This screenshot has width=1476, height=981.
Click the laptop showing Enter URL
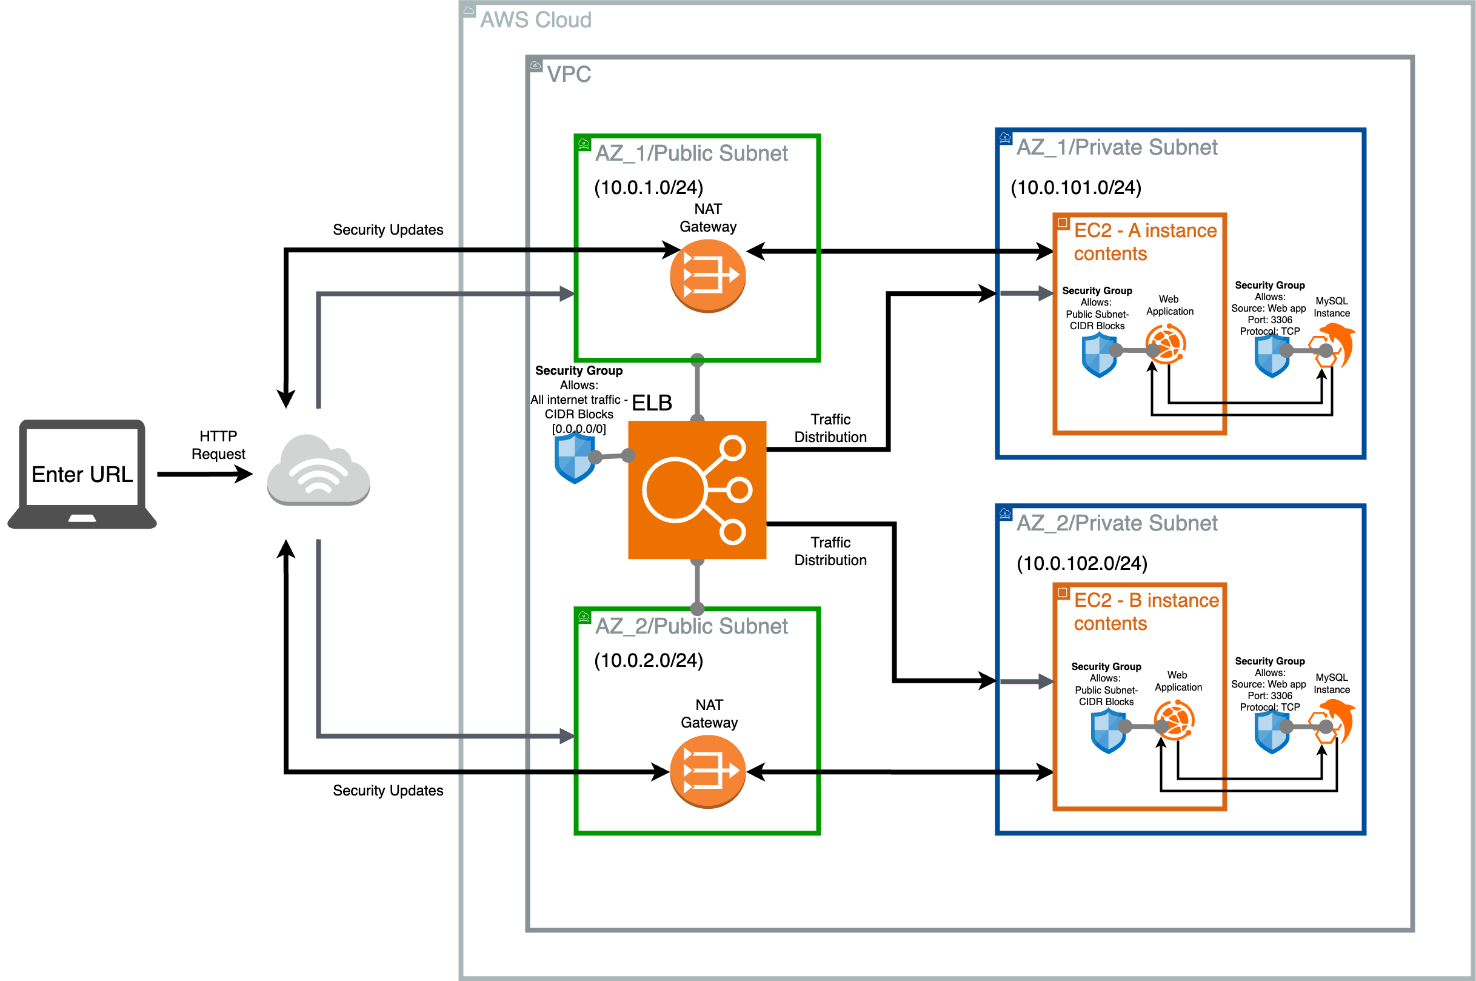(82, 474)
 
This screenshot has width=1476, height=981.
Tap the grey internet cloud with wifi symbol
(318, 470)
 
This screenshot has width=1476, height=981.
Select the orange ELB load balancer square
(696, 489)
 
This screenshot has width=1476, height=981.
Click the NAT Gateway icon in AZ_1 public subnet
(707, 275)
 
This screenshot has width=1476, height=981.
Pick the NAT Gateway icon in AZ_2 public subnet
(707, 771)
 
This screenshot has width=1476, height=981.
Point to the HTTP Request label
(218, 445)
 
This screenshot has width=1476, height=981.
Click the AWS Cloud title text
(535, 20)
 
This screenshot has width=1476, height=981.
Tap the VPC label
(569, 75)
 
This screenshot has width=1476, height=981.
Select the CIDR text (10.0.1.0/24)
(649, 187)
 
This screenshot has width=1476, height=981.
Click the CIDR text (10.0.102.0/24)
(1082, 563)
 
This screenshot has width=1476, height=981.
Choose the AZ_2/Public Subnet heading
(691, 626)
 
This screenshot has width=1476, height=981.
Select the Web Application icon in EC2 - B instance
(1174, 721)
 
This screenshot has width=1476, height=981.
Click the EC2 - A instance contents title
(1144, 242)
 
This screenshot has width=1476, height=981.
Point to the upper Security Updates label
(388, 230)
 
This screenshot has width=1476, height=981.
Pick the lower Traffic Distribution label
(830, 551)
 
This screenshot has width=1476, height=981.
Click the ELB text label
(652, 403)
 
